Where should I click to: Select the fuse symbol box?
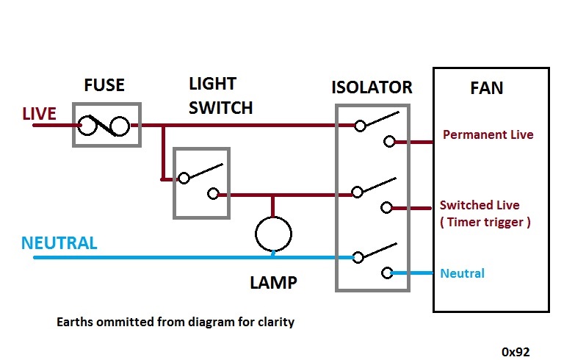pyautogui.click(x=106, y=125)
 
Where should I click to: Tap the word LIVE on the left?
pyautogui.click(x=39, y=114)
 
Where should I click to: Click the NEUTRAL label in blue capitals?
pyautogui.click(x=59, y=243)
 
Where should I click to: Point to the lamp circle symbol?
pyautogui.click(x=273, y=234)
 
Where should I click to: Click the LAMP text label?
pyautogui.click(x=272, y=282)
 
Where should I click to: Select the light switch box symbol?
pyautogui.click(x=201, y=183)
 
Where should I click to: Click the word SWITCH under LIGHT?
pyautogui.click(x=220, y=107)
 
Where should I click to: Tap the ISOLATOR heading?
pyautogui.click(x=372, y=87)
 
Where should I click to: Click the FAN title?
pyautogui.click(x=486, y=89)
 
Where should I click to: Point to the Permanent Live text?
pyautogui.click(x=488, y=135)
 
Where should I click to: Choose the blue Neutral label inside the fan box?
pyautogui.click(x=463, y=273)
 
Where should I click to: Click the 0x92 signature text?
pyautogui.click(x=516, y=351)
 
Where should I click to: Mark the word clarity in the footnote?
pyautogui.click(x=275, y=322)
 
